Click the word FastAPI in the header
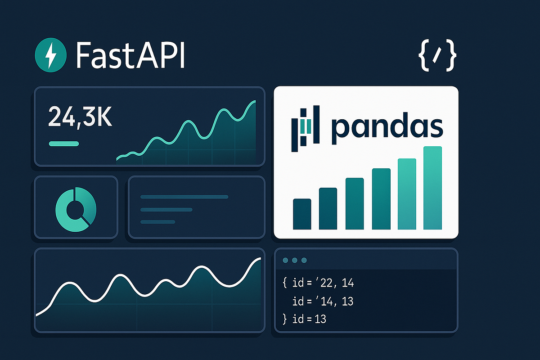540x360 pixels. (130, 55)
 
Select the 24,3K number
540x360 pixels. (80, 117)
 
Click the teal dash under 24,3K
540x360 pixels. (63, 144)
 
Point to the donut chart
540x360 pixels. (76, 207)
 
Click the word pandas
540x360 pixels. (387, 127)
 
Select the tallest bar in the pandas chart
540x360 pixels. (433, 188)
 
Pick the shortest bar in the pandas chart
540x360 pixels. (302, 214)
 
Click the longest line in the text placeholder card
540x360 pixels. (184, 197)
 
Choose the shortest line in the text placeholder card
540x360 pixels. (157, 222)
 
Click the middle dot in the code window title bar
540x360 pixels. (294, 260)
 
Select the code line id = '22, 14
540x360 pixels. (323, 283)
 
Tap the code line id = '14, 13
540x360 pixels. (323, 301)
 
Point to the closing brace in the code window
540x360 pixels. (284, 320)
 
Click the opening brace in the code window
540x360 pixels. (285, 283)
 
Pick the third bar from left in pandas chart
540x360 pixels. (355, 203)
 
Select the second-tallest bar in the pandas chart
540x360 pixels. (407, 194)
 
